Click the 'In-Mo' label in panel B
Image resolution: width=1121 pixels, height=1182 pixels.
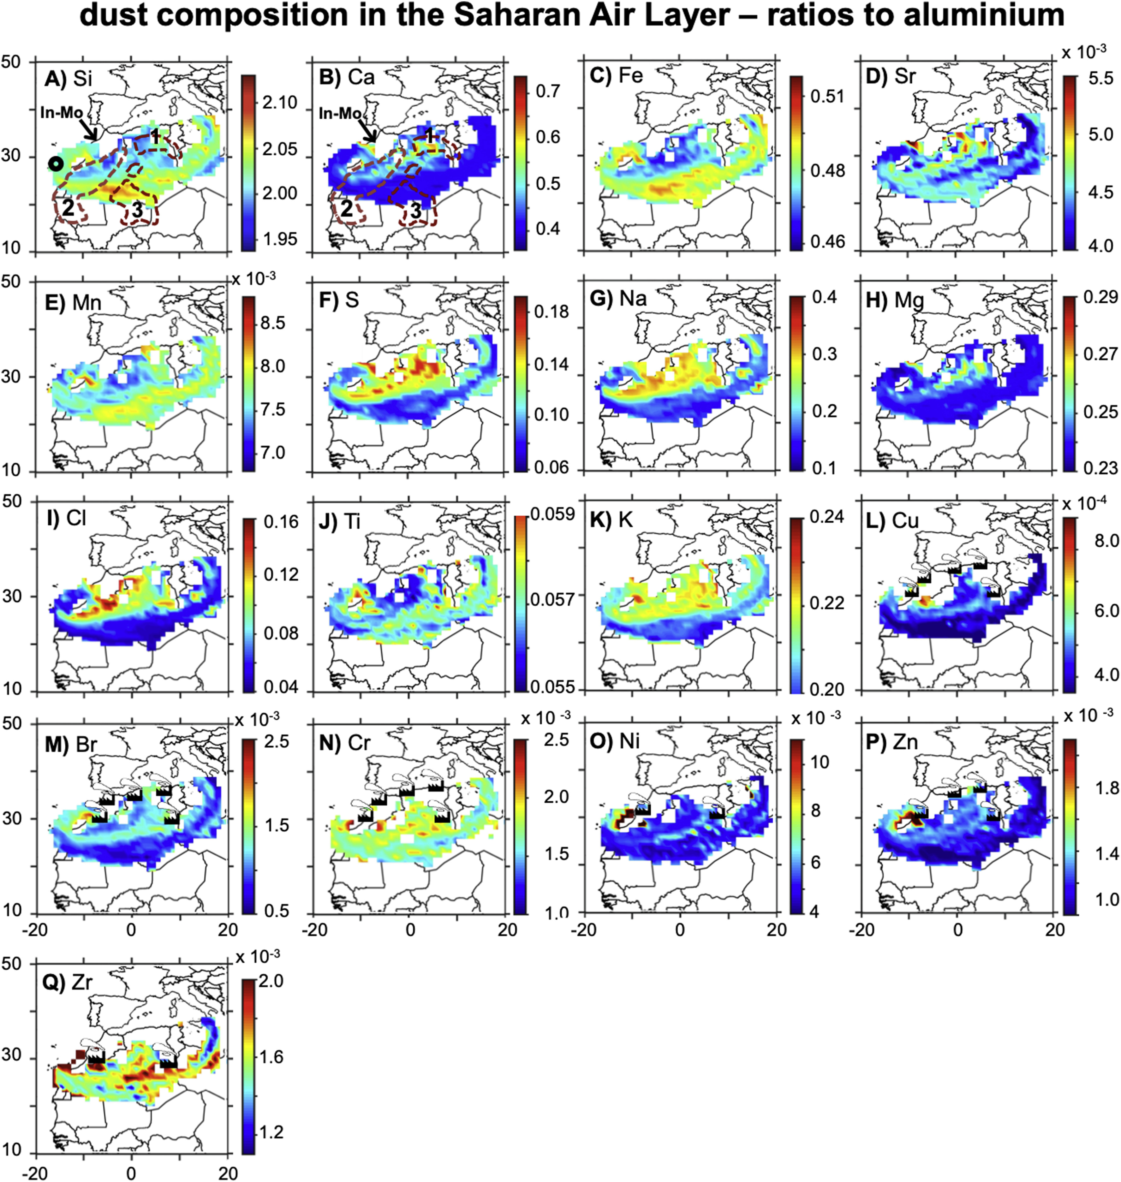point(339,113)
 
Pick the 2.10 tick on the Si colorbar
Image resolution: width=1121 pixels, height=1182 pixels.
point(280,103)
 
